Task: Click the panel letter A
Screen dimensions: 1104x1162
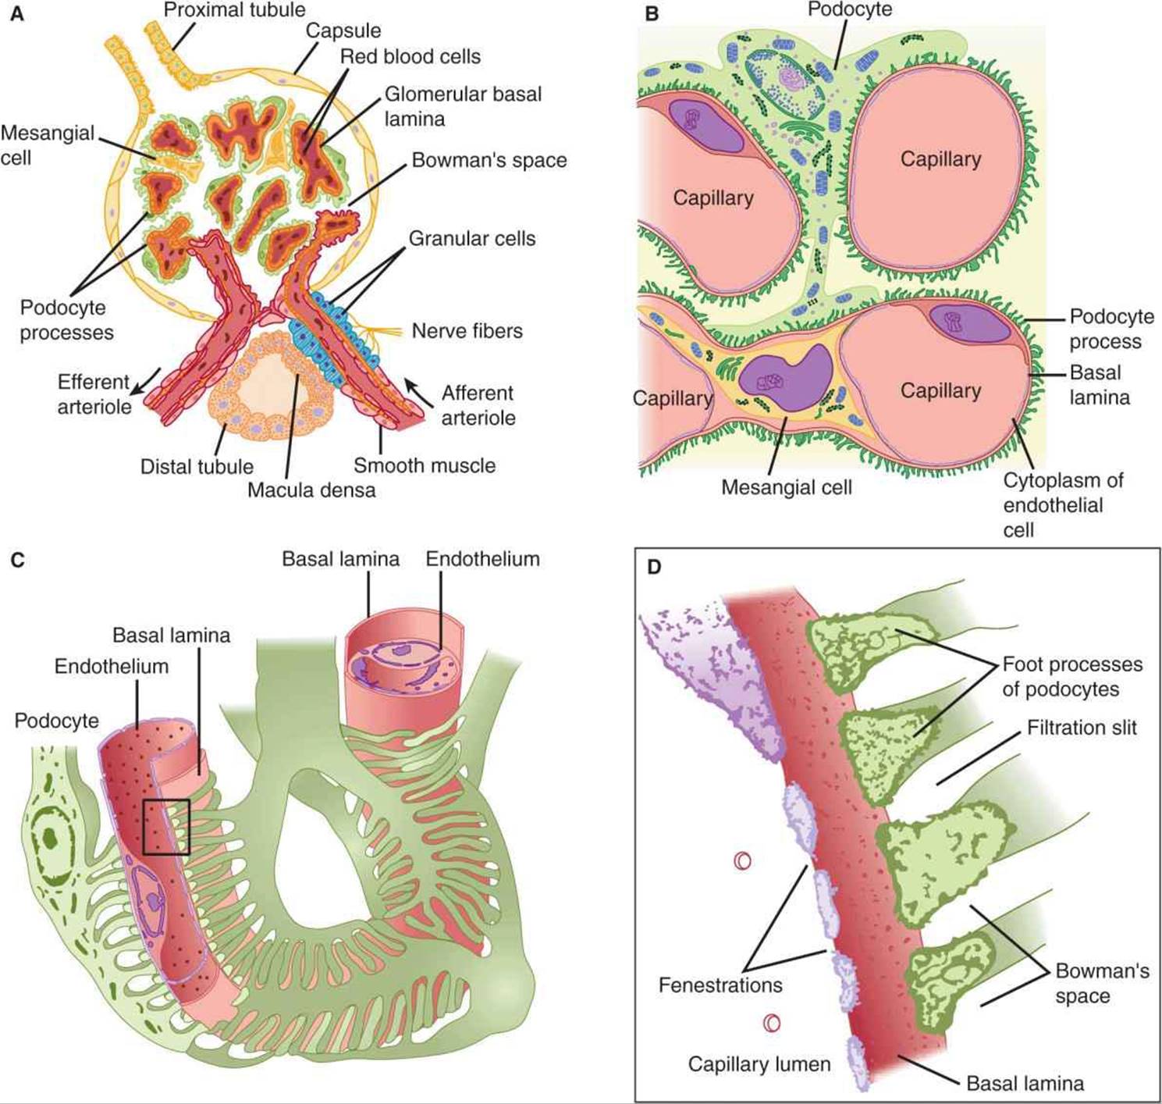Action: (x=16, y=13)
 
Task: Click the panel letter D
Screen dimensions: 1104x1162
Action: (x=654, y=566)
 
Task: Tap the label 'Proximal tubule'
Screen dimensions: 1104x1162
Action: (x=235, y=10)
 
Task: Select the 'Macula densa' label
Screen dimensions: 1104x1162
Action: (x=311, y=490)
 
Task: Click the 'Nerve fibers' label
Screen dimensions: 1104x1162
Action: (x=467, y=330)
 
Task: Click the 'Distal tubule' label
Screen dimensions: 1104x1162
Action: (x=197, y=466)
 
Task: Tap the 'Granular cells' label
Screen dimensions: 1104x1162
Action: (x=472, y=238)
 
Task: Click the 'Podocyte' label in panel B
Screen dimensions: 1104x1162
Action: (x=850, y=10)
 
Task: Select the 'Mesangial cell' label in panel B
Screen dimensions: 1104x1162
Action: (x=786, y=487)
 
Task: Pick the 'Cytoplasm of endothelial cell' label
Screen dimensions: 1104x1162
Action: (x=1063, y=504)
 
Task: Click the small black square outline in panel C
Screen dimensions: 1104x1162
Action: (x=166, y=827)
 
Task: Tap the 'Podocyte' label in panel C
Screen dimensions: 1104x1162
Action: (x=56, y=720)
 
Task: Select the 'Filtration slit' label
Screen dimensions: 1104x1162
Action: (x=1082, y=728)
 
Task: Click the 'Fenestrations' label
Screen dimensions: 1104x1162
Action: (x=720, y=985)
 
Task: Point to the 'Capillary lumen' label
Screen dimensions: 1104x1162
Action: (x=759, y=1063)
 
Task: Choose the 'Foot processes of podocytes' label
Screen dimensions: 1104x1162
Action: (x=1072, y=676)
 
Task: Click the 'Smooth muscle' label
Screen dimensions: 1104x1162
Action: (x=425, y=465)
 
